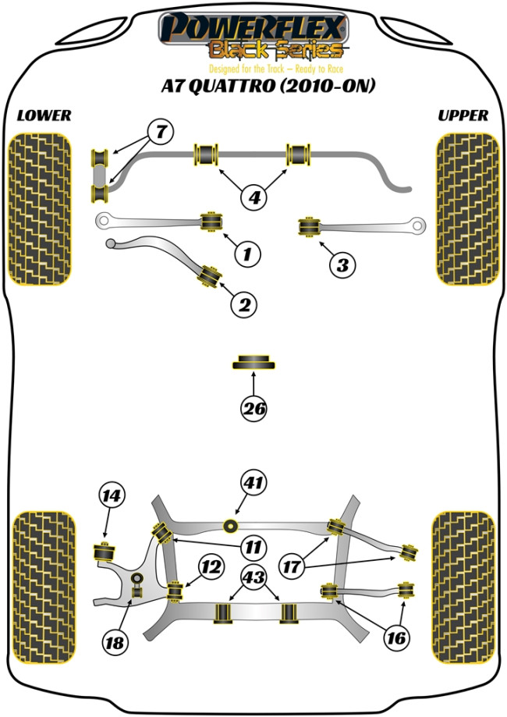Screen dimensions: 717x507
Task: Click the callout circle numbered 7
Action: coord(160,133)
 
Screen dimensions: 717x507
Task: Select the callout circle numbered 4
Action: coord(253,198)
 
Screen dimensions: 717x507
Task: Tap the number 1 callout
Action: coord(246,254)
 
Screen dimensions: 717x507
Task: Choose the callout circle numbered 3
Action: coord(342,265)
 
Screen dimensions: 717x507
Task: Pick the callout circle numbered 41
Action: coord(253,483)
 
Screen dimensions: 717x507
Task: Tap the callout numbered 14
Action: coord(112,495)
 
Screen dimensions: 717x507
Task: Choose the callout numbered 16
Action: coord(396,638)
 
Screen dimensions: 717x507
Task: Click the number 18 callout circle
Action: coord(115,644)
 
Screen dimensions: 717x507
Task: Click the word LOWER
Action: coord(44,115)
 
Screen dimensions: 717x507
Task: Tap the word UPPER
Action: coord(463,115)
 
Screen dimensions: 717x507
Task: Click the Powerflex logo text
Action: coord(253,29)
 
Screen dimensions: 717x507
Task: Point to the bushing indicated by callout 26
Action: coord(254,362)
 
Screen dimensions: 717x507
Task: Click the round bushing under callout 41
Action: coord(231,524)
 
